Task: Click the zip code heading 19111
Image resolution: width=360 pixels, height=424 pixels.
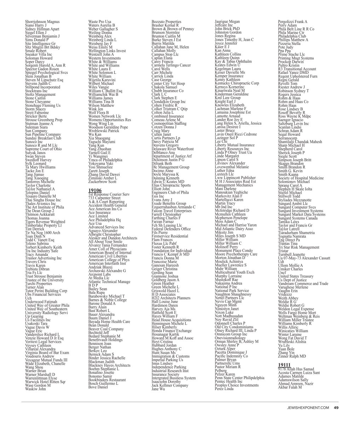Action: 285,364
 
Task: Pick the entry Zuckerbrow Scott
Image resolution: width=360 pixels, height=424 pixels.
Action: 102,182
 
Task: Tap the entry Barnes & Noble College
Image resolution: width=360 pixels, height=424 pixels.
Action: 107,300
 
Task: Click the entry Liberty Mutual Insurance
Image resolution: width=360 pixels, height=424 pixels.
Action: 234,145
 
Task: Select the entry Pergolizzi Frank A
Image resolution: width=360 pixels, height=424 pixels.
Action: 292,22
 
